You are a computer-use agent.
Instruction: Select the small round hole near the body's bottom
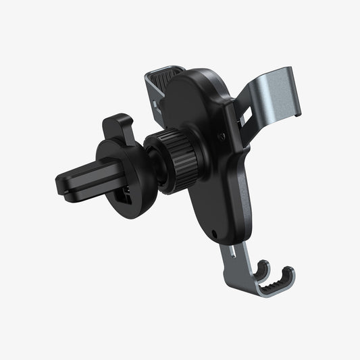(x=215, y=235)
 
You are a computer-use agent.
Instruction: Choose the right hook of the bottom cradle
(x=286, y=276)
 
